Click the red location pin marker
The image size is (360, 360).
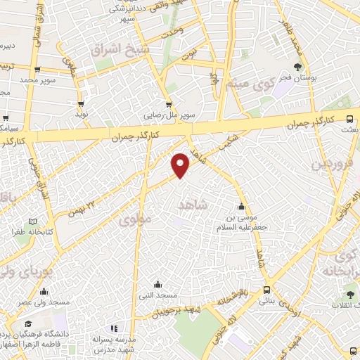pos(181,164)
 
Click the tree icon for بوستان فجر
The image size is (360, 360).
pos(299,67)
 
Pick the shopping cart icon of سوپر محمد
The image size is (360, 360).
pos(37,70)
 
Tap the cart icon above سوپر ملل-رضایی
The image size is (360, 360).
pos(169,104)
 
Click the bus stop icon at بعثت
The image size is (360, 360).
pos(349,117)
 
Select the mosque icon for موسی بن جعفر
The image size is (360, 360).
pos(243,207)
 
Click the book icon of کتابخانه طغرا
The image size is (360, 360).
pos(22,231)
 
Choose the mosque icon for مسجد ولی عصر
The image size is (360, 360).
pos(44,292)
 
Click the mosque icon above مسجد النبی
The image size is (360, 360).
pos(157,285)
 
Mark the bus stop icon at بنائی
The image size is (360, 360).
pos(266,289)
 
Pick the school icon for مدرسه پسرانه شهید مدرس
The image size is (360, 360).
pos(113,328)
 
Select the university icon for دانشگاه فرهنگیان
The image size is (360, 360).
pos(27,323)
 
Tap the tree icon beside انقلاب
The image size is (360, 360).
pos(350,293)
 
